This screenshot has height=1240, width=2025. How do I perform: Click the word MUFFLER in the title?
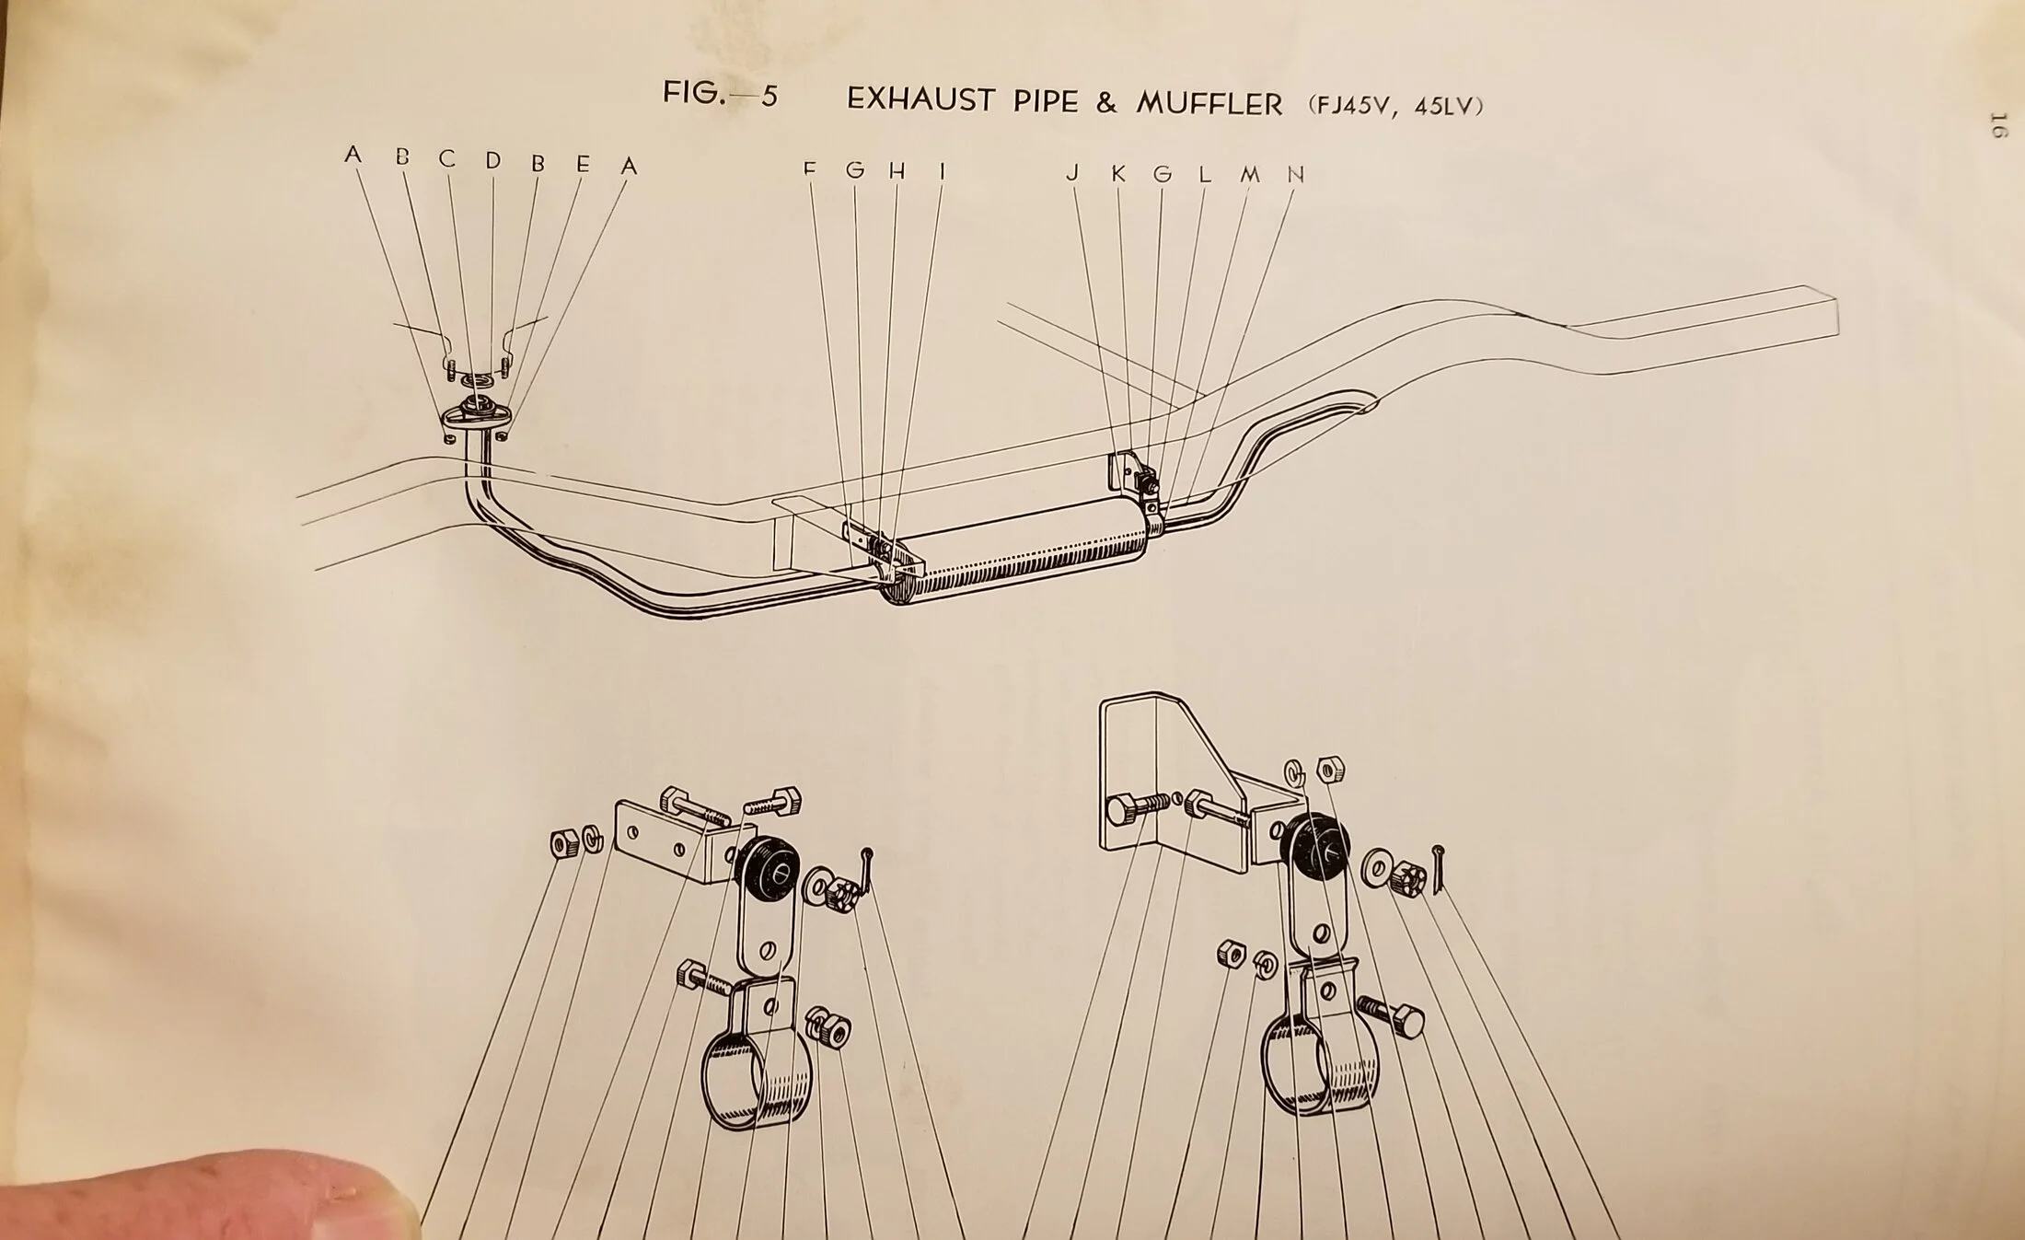pyautogui.click(x=1209, y=102)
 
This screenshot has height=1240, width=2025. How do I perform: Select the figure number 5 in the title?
pyautogui.click(x=769, y=96)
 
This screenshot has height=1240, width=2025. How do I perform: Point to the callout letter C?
pyautogui.click(x=447, y=159)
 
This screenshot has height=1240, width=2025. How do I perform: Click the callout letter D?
pyautogui.click(x=492, y=161)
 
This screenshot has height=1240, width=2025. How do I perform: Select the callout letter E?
pyautogui.click(x=583, y=164)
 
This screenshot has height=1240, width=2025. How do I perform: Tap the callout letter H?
pyautogui.click(x=897, y=170)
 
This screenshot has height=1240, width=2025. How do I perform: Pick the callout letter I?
pyautogui.click(x=942, y=170)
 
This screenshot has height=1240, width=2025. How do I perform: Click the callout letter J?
pyautogui.click(x=1072, y=172)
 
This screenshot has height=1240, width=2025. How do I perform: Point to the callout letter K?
pyautogui.click(x=1118, y=173)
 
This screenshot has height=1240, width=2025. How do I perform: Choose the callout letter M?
pyautogui.click(x=1250, y=174)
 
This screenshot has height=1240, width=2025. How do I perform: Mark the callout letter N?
pyautogui.click(x=1296, y=174)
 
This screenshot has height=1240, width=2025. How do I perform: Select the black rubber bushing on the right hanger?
pyautogui.click(x=1320, y=850)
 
